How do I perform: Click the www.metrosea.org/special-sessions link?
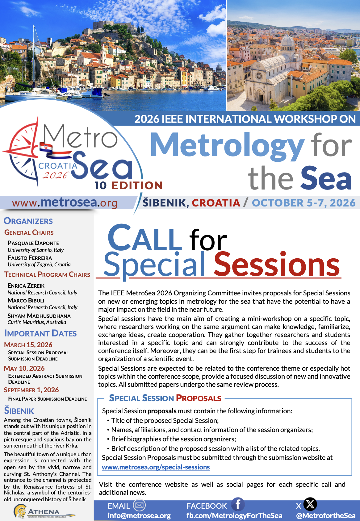tap(156, 467)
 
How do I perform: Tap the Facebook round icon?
tap(238, 504)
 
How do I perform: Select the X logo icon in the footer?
tap(310, 504)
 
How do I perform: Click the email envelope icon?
tap(139, 505)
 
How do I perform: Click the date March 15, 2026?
tap(28, 345)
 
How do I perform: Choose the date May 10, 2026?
tap(24, 368)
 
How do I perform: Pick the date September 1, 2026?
tap(31, 390)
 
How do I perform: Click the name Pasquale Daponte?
tap(33, 243)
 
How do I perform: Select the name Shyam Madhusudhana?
tap(39, 316)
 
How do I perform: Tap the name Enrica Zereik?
tap(26, 286)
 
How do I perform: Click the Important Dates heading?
tap(40, 333)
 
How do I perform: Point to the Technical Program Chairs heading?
tap(47, 274)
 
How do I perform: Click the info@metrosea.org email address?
tap(139, 515)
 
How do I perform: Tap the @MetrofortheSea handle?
tap(325, 515)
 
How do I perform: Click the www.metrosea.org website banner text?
tap(65, 202)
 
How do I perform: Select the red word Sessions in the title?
tap(277, 265)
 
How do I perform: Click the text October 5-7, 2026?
tap(304, 203)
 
